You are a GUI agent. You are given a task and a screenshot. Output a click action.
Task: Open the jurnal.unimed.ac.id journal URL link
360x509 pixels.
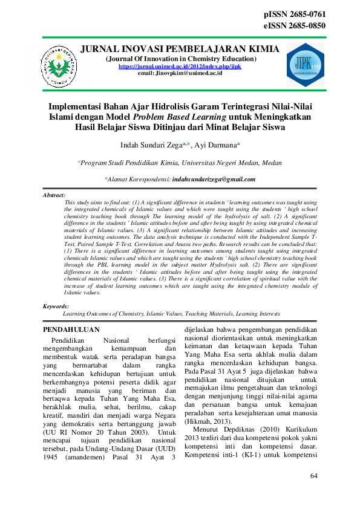[180, 66]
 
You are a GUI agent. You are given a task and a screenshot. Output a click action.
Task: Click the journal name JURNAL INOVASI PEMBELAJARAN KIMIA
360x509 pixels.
[180, 49]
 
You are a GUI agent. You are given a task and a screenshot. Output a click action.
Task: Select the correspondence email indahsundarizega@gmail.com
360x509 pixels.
[214, 179]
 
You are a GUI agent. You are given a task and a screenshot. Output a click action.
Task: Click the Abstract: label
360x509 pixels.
[54, 196]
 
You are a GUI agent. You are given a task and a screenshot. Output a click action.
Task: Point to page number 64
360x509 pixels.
[313, 476]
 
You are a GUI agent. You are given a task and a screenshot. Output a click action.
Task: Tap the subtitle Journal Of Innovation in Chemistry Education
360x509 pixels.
[180, 59]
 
